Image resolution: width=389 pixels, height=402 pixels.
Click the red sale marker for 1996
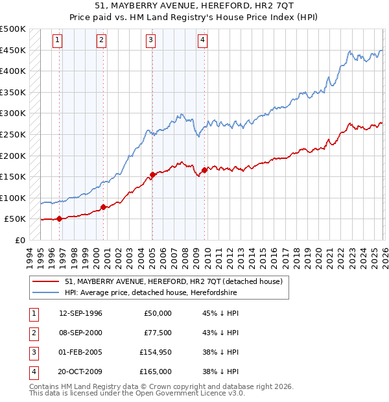59,219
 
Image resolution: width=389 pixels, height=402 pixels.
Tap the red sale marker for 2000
103,207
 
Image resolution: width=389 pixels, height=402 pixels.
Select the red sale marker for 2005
152,174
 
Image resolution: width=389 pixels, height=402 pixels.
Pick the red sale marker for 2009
204,171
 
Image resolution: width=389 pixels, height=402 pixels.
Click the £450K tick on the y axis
13,50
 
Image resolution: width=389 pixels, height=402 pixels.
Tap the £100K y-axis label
13,198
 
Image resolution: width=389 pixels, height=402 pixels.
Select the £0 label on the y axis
19,240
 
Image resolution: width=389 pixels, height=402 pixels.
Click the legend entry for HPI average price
151,293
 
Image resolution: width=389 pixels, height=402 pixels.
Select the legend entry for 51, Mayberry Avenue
173,282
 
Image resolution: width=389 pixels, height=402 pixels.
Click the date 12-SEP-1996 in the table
80,313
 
